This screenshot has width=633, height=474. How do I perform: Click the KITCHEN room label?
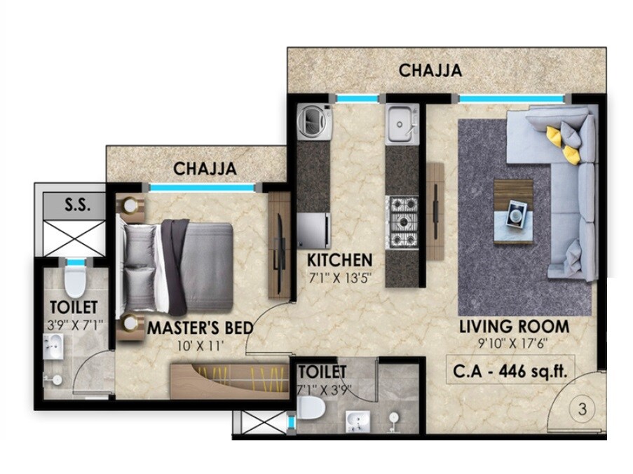[340, 260]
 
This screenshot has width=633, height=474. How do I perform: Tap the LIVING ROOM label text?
[514, 327]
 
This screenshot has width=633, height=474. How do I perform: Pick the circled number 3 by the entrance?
[582, 412]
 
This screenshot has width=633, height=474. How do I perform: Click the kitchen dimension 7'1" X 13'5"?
[340, 277]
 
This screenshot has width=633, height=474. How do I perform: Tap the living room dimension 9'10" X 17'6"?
[514, 343]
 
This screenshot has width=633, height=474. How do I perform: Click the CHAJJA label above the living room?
[430, 70]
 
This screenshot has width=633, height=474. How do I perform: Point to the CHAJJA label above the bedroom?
[205, 169]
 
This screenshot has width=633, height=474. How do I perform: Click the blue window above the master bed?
[202, 187]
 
